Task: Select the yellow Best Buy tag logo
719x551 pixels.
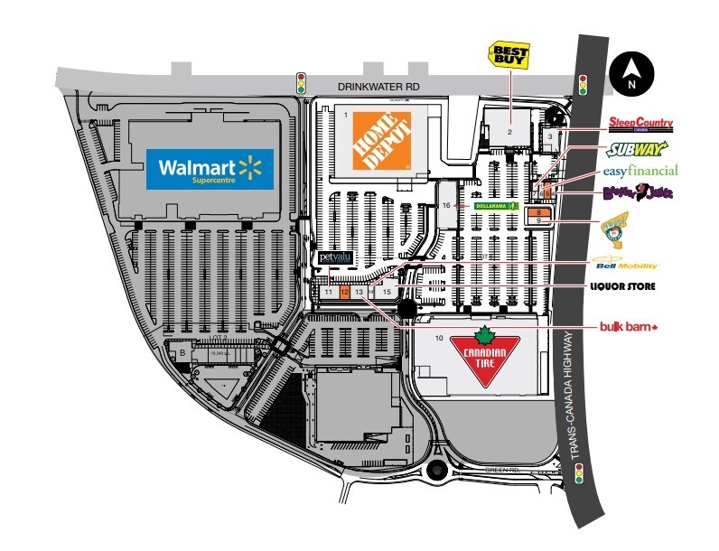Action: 509,55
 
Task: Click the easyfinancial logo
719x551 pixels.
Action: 640,171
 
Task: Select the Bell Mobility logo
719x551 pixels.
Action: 627,266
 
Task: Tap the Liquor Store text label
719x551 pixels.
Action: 622,286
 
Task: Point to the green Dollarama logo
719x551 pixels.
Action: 495,206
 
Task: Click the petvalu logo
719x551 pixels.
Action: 333,258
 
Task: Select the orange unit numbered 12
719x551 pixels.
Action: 345,293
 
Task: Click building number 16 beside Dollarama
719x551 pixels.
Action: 448,205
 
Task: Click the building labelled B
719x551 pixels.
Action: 182,351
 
